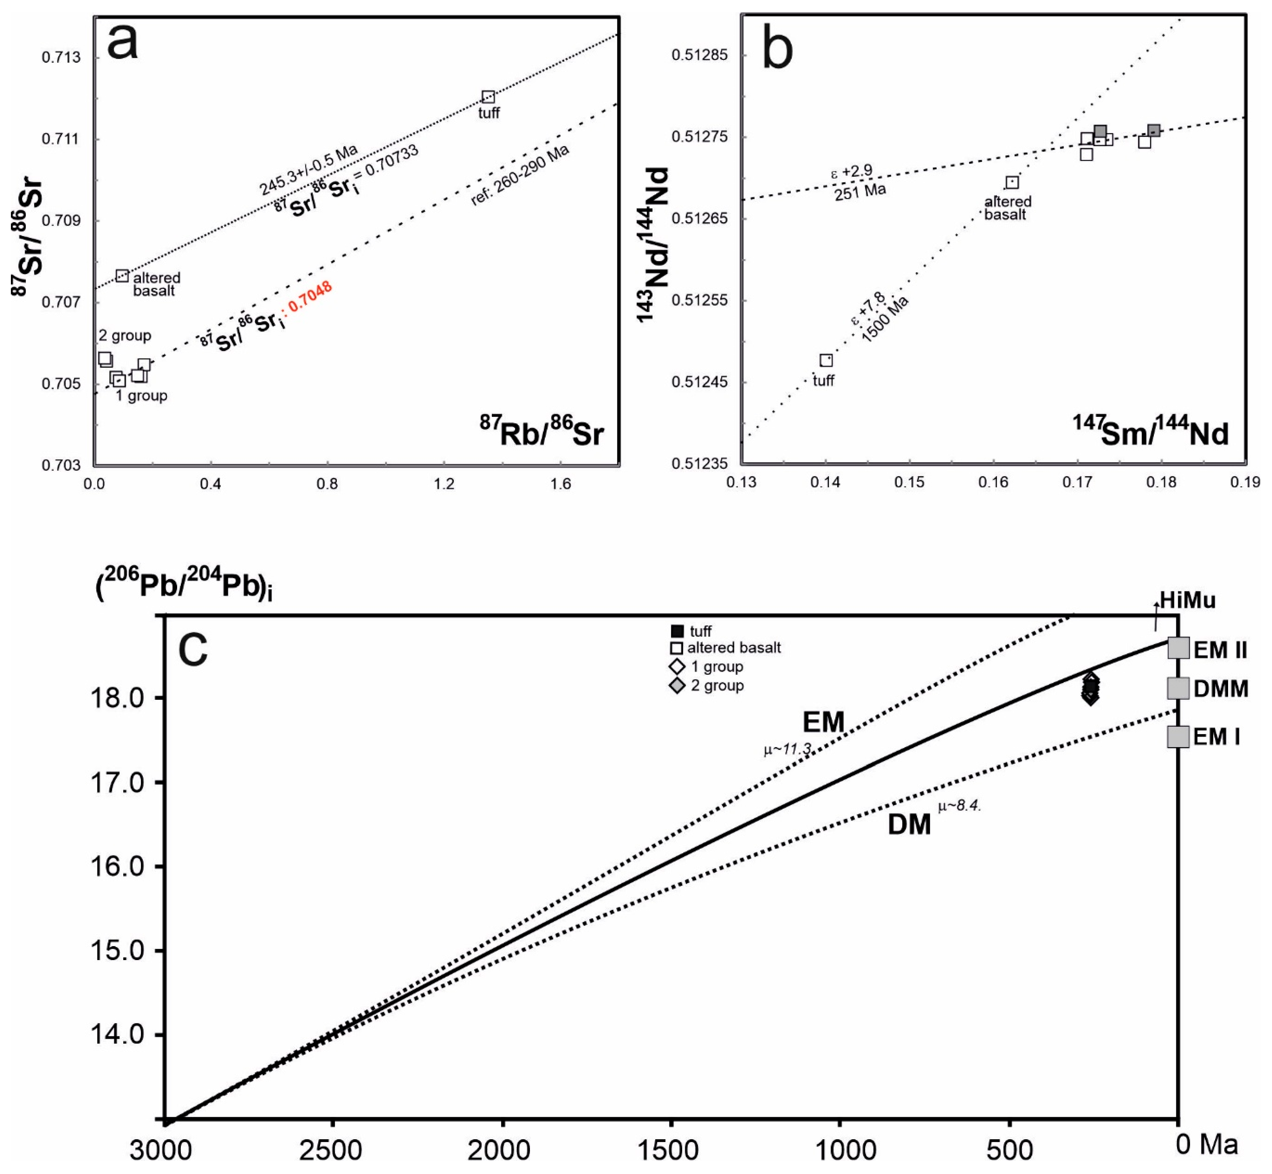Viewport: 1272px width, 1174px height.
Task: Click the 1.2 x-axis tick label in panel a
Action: (x=444, y=484)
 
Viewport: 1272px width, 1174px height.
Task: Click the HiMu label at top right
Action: (x=1188, y=600)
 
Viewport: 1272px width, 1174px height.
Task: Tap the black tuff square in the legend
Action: (x=677, y=631)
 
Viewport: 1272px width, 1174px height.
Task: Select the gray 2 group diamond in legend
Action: (x=677, y=685)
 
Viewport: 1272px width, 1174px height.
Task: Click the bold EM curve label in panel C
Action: (x=824, y=722)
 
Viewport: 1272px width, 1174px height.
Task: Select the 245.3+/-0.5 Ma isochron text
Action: (x=309, y=170)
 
